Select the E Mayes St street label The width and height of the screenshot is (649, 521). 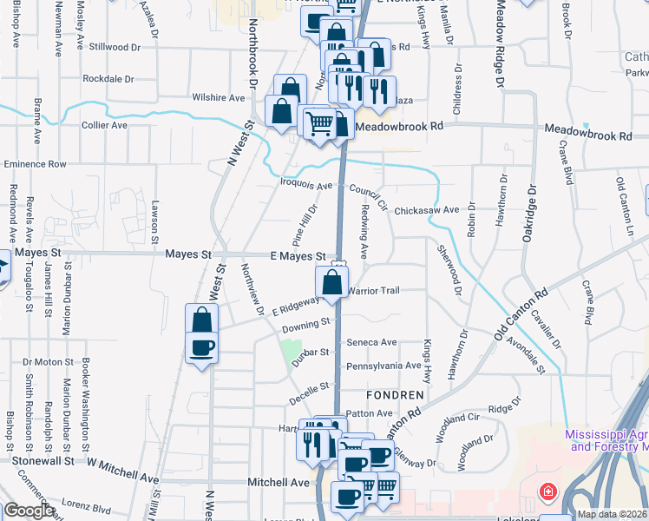[x=297, y=256]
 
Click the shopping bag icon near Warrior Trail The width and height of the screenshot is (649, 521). [x=332, y=282]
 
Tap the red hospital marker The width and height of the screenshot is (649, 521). [x=547, y=492]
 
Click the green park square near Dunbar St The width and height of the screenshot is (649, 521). [x=290, y=353]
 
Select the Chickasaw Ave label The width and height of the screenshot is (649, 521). [x=426, y=210]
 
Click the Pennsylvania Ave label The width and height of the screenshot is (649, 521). [x=383, y=367]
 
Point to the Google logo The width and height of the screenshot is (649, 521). [x=29, y=511]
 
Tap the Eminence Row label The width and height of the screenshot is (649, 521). [x=35, y=164]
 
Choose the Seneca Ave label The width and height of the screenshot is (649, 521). [x=371, y=342]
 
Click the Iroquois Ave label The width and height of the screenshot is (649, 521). [x=306, y=185]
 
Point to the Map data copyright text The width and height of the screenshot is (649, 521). [x=611, y=513]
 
